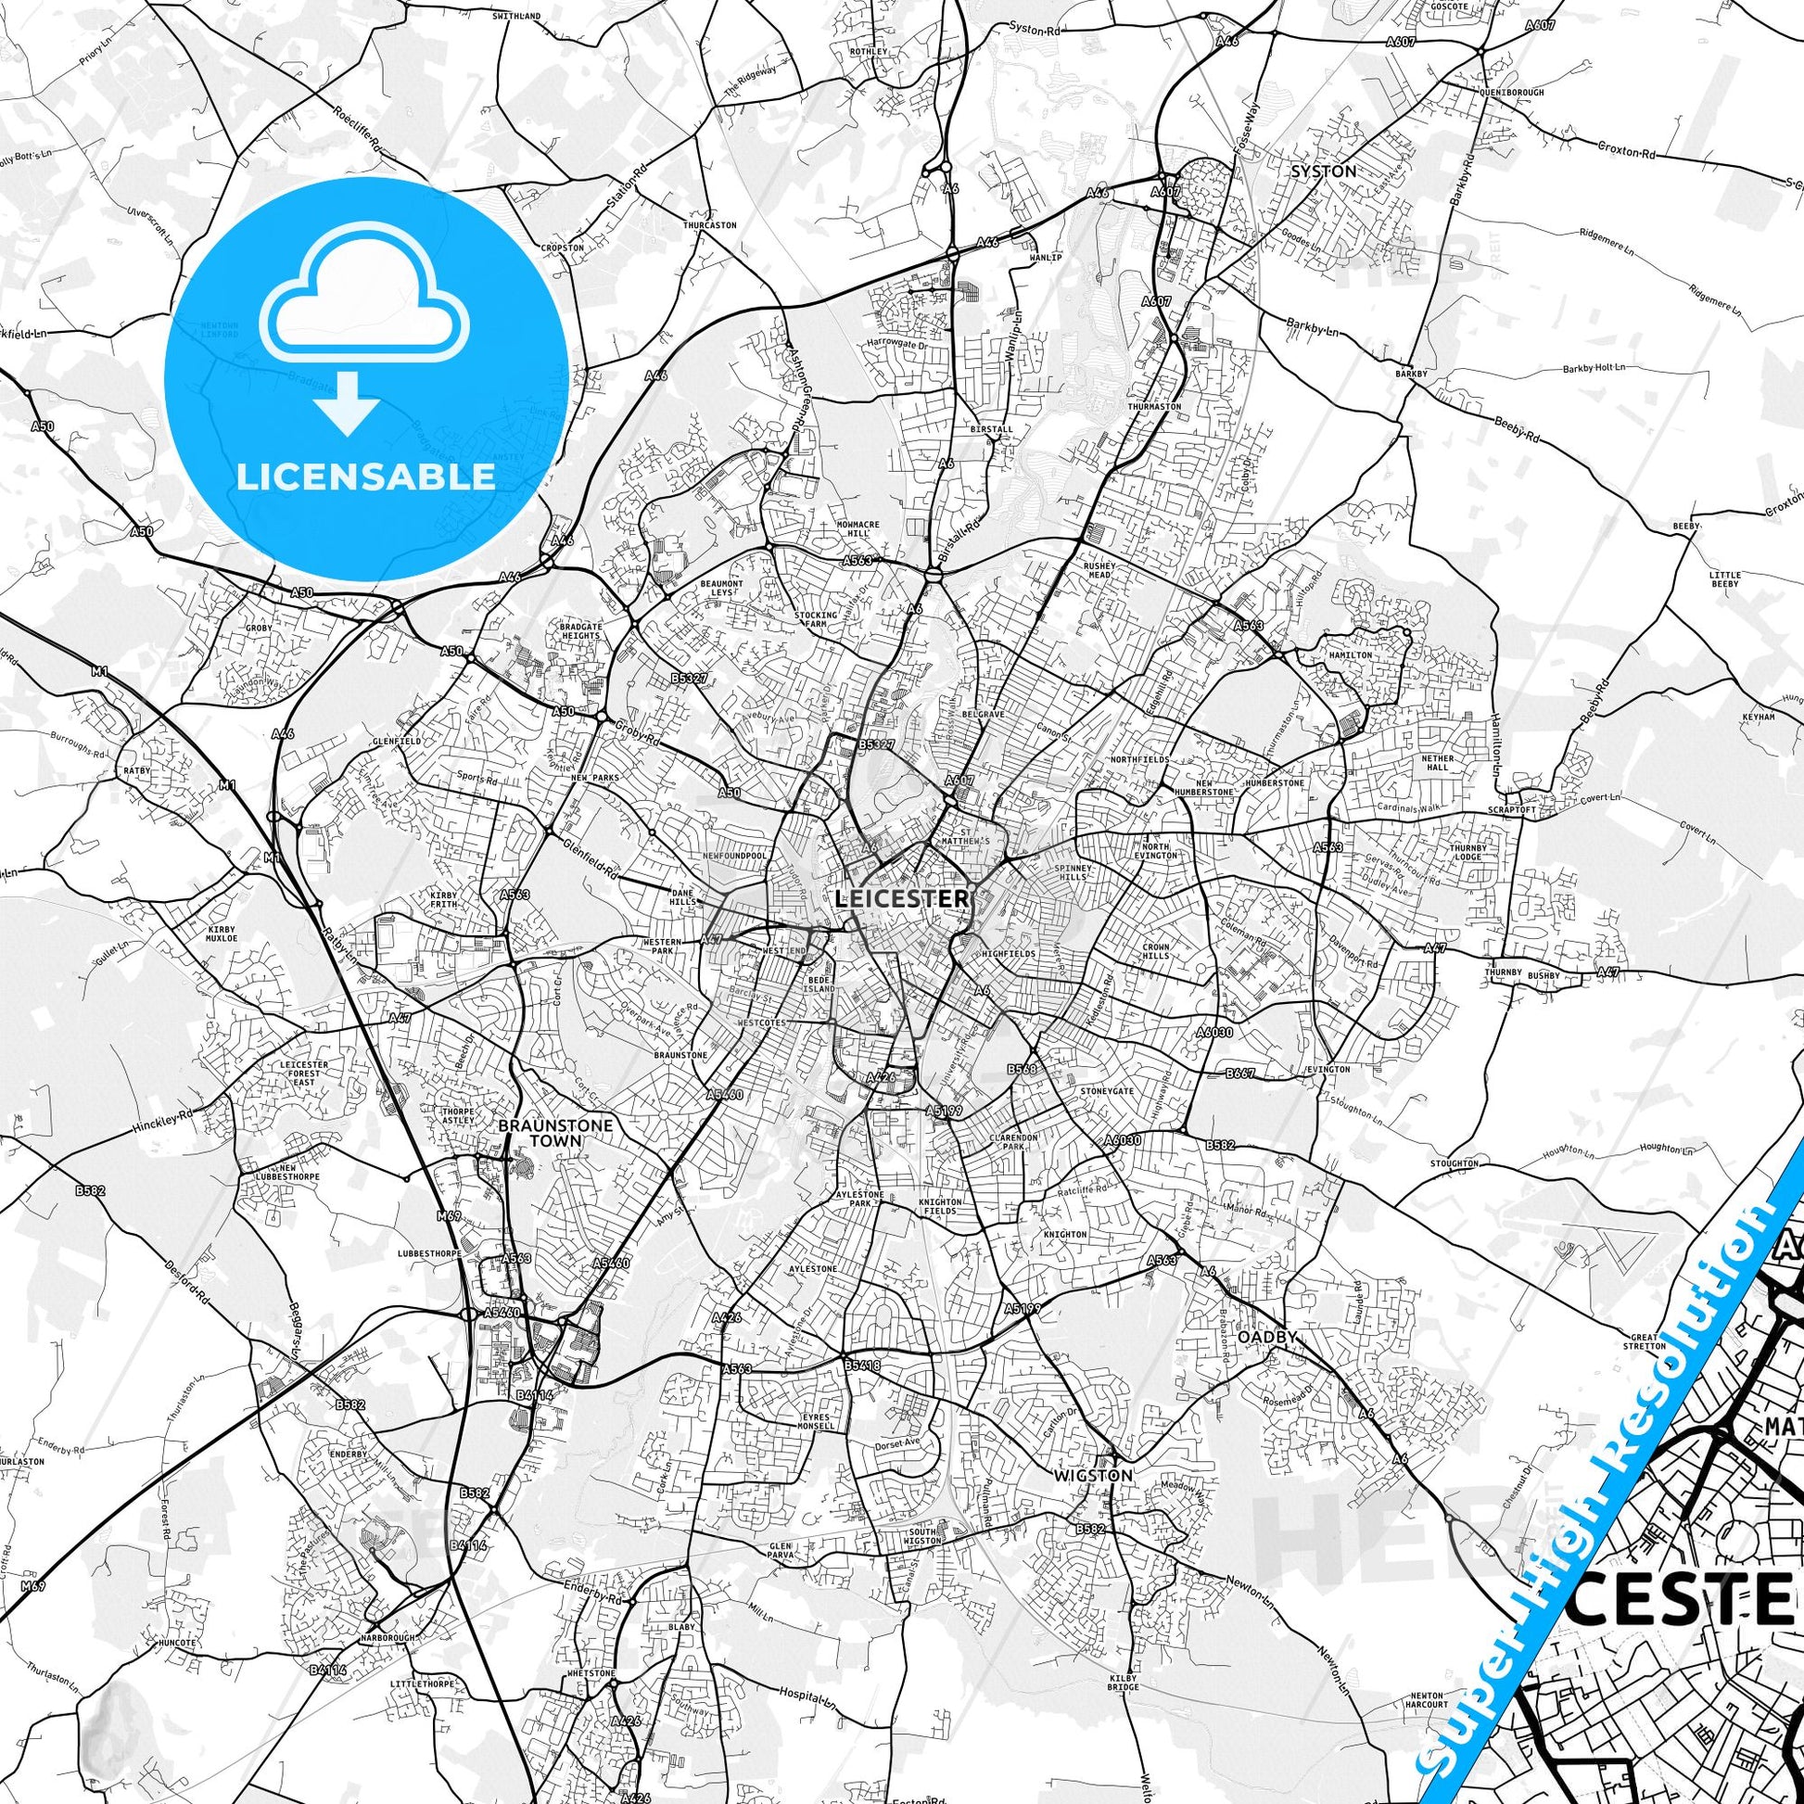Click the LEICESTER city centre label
click(901, 898)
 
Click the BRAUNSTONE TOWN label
click(554, 1133)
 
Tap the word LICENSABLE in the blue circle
click(365, 477)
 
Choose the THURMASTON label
click(1154, 407)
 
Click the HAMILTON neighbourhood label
click(1351, 655)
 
